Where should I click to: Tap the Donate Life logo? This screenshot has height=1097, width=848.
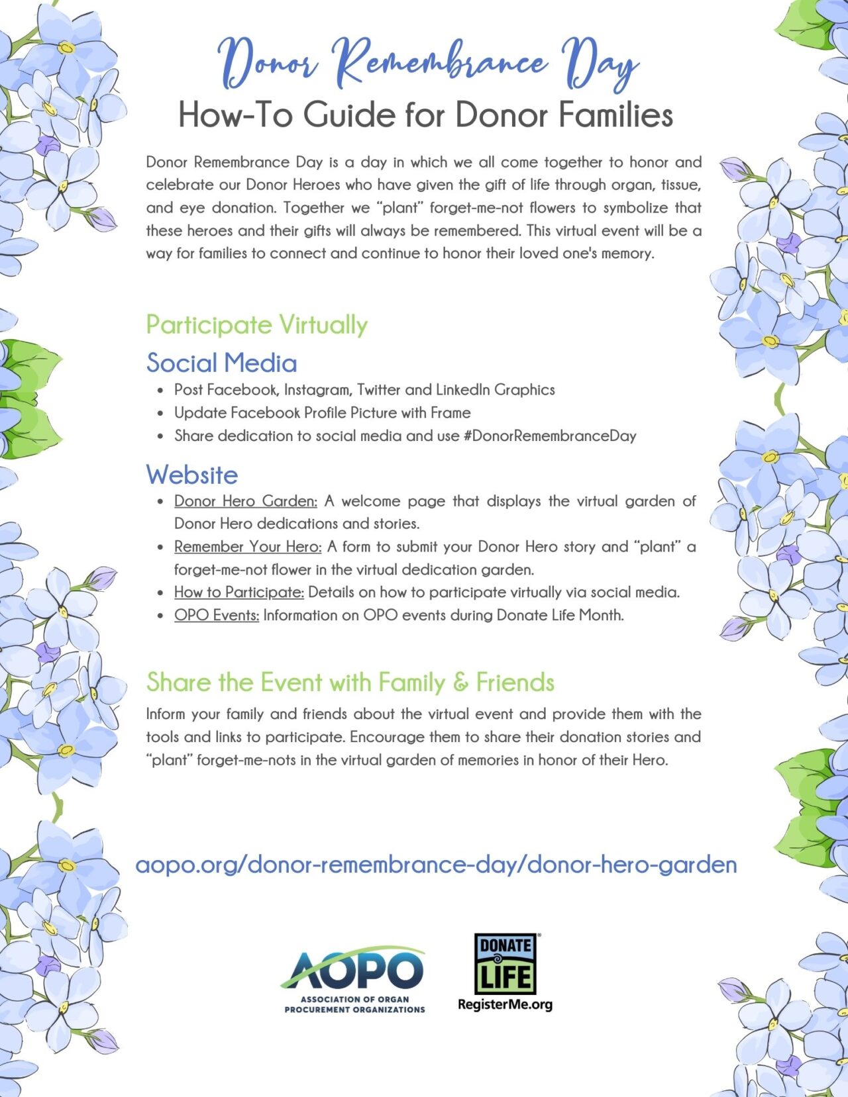click(x=505, y=964)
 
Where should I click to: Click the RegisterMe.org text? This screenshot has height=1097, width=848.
click(x=505, y=1004)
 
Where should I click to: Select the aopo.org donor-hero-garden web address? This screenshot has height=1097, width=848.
click(x=436, y=865)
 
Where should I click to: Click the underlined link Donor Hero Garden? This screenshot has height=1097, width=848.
click(x=245, y=501)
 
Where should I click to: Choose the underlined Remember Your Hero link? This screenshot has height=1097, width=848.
click(x=248, y=547)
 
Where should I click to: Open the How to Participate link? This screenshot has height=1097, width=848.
click(x=238, y=592)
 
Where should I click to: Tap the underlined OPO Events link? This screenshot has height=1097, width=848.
click(x=216, y=615)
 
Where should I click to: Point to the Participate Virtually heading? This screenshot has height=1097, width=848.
click(x=256, y=325)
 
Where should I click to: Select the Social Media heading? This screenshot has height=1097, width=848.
click(x=221, y=363)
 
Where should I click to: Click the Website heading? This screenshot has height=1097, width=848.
click(x=192, y=475)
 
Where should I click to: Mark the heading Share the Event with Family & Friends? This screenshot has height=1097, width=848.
click(x=350, y=682)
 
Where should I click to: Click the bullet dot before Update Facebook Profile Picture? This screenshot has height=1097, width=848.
click(x=160, y=414)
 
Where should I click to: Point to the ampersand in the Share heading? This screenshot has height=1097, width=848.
click(x=460, y=683)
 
